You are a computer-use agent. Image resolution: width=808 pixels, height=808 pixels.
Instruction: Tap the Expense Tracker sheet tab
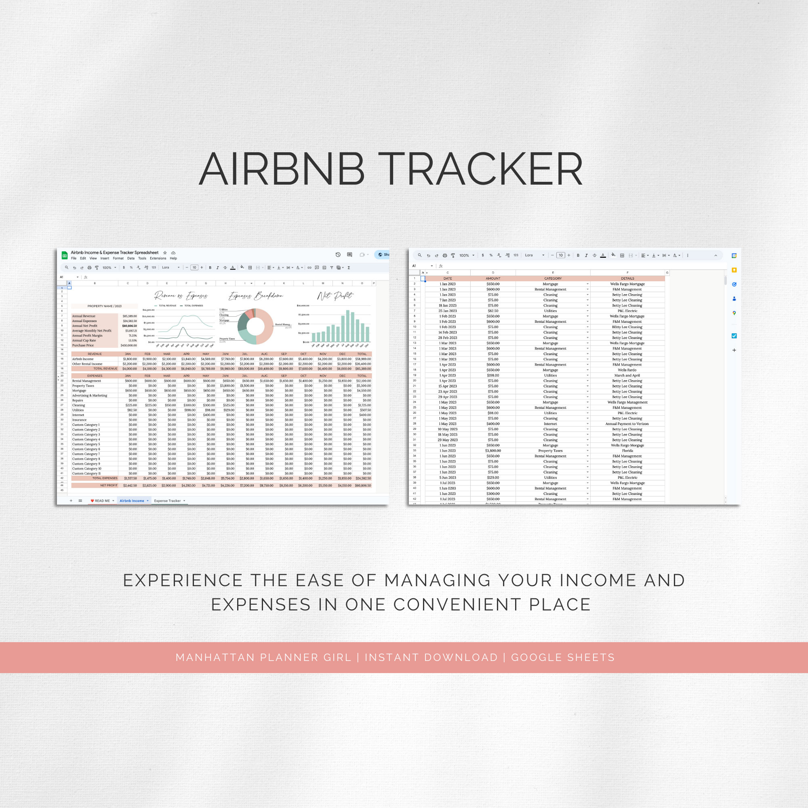tap(167, 501)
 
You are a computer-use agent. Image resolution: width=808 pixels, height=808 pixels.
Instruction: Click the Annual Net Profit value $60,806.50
tap(129, 326)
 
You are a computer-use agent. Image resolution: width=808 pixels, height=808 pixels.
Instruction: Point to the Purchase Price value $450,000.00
tap(128, 345)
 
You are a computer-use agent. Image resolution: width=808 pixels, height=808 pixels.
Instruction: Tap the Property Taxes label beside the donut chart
tap(227, 339)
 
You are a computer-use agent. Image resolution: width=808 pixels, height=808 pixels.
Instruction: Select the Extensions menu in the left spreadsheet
tap(158, 259)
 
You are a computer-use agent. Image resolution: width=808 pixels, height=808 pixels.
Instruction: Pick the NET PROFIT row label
tap(108, 486)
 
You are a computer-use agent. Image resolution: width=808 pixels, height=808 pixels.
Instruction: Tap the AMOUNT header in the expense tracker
tap(492, 278)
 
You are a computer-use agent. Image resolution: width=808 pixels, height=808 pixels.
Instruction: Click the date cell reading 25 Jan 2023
tap(448, 311)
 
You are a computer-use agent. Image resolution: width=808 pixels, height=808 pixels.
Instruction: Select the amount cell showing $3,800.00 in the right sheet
tap(492, 451)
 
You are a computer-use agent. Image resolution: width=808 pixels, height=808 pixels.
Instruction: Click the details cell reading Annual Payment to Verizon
tap(627, 424)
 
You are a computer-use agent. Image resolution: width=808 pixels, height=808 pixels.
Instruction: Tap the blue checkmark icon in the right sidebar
tap(734, 336)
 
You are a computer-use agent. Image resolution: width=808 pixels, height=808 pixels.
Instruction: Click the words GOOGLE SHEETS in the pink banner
tap(562, 657)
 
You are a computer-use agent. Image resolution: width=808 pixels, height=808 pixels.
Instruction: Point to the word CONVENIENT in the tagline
tap(456, 605)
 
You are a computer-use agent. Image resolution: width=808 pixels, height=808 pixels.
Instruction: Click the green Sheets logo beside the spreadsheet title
tap(64, 255)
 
